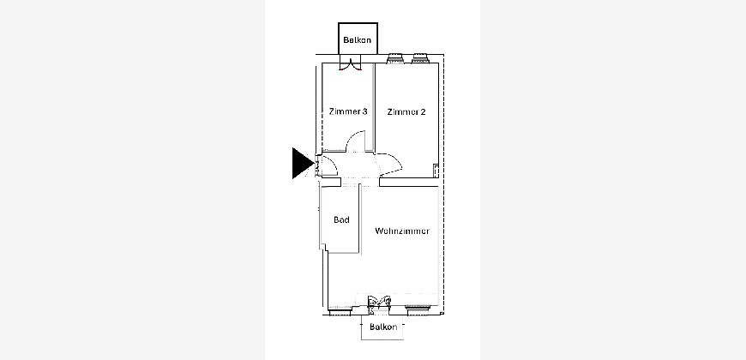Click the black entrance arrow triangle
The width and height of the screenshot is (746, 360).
[x=301, y=163]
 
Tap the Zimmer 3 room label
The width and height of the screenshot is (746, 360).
[x=348, y=111]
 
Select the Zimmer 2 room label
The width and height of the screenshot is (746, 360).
[x=406, y=111]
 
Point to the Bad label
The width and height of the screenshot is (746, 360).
[x=341, y=219]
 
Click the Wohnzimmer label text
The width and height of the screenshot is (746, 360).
[x=402, y=231]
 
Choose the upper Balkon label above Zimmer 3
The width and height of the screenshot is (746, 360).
[x=358, y=40]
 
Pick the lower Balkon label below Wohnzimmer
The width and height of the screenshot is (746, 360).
[x=383, y=327]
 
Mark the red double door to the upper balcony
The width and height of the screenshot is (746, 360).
[x=350, y=64]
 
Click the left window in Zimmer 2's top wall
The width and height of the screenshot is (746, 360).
[x=395, y=58]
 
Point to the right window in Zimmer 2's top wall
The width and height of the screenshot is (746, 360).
[x=420, y=58]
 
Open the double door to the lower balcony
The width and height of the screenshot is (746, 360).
[x=379, y=303]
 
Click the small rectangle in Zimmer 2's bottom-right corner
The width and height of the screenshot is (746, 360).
[x=436, y=171]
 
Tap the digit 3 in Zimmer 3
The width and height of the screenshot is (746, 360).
[x=364, y=111]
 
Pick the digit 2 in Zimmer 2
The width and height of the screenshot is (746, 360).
[x=423, y=111]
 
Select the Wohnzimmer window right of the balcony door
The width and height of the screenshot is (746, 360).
[x=418, y=309]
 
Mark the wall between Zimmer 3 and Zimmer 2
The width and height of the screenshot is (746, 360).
[x=374, y=107]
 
